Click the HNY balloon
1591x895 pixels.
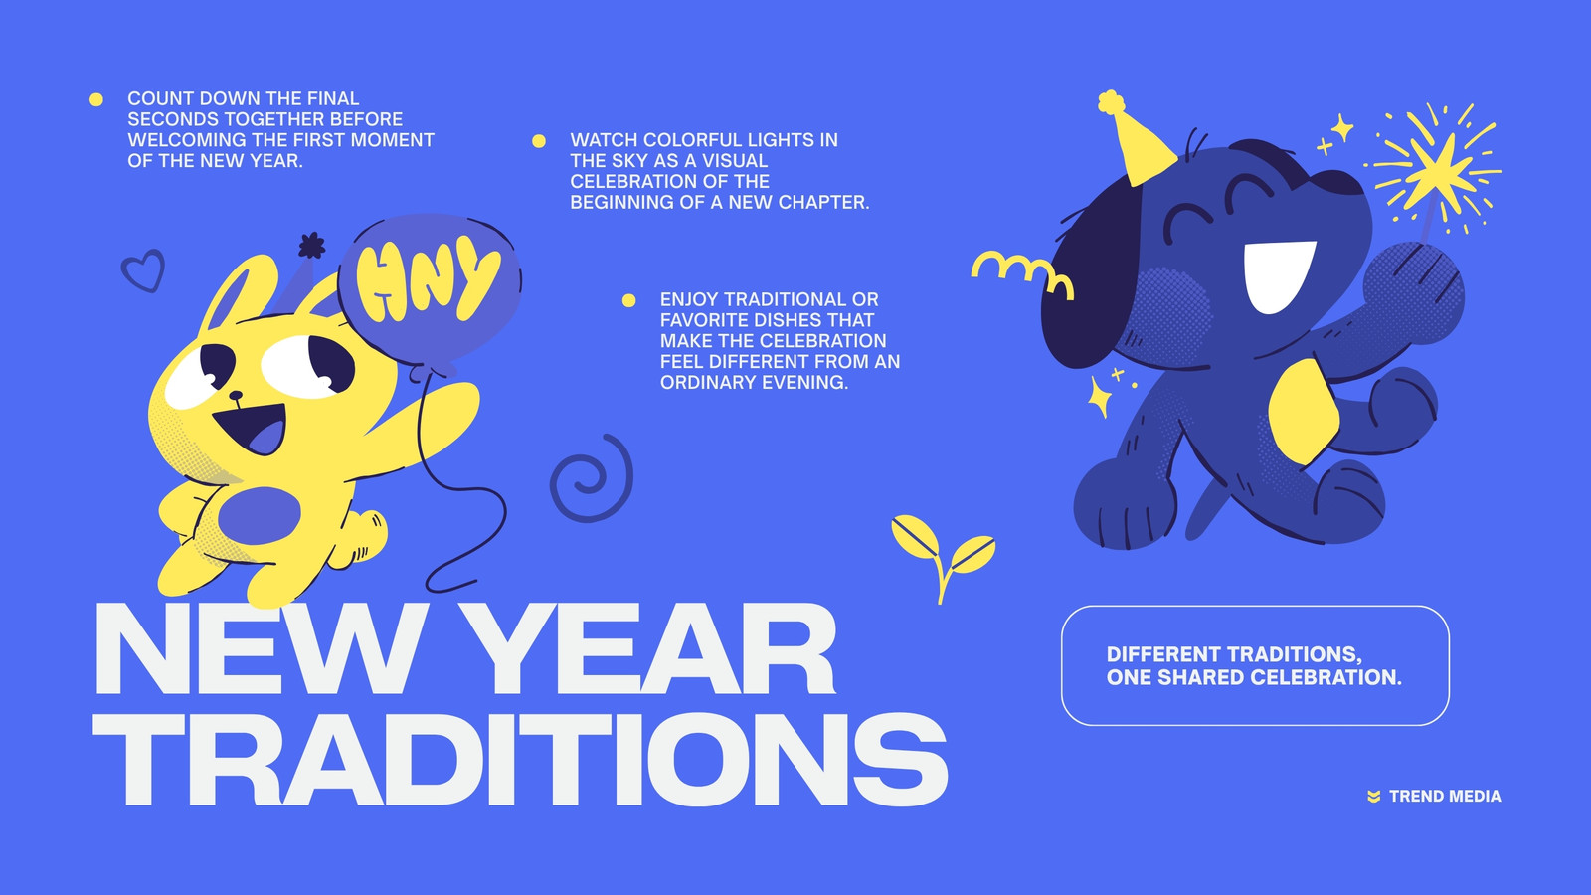coord(430,291)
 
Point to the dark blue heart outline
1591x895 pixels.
coord(143,269)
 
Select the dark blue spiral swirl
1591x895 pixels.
coord(592,478)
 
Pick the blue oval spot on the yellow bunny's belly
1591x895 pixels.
coord(260,516)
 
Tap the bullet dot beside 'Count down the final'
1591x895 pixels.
coord(96,99)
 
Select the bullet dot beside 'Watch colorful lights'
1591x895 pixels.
coord(539,140)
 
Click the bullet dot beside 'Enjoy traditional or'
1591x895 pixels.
coord(629,300)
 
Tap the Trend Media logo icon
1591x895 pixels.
coord(1374,797)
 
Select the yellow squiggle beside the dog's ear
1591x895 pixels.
coord(1023,273)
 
